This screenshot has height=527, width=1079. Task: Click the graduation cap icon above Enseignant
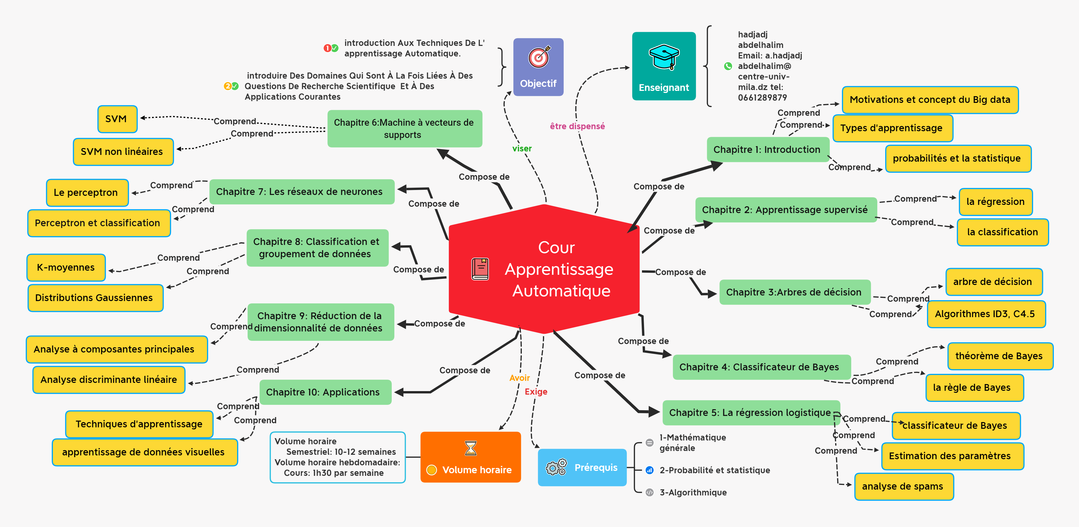point(664,57)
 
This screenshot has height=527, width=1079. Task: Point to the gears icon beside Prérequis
point(556,467)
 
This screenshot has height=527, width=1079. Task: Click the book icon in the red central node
point(480,269)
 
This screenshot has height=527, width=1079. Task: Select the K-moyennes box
point(66,267)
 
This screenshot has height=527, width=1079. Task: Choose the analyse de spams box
point(904,486)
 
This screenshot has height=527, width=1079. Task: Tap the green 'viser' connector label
point(522,148)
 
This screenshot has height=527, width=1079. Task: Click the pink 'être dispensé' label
point(577,126)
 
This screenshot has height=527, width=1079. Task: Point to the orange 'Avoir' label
point(519,378)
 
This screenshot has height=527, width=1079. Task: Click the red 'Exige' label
point(536,392)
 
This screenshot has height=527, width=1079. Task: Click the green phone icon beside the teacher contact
point(728,66)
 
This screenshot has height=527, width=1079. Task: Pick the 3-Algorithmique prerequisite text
point(693,492)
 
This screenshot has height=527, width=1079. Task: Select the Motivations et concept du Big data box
point(930,100)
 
